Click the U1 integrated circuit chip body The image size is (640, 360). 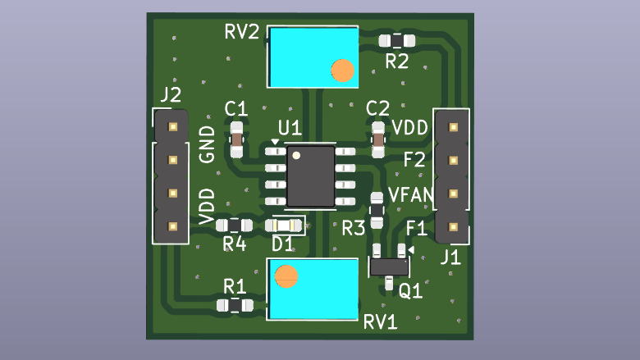click(310, 176)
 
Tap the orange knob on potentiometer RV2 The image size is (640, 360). click(342, 71)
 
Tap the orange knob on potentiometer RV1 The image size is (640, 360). click(286, 276)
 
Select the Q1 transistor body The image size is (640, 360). click(388, 266)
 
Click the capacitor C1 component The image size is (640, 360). click(237, 139)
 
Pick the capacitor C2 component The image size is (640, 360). click(378, 139)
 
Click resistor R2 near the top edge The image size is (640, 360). click(397, 40)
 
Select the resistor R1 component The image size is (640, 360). click(234, 305)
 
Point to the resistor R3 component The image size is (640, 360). click(377, 209)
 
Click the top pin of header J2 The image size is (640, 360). click(172, 127)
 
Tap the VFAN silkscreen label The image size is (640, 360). click(409, 195)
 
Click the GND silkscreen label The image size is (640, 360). click(208, 144)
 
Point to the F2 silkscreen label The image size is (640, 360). click(414, 159)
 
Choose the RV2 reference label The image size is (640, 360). click(242, 33)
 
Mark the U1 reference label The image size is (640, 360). click(290, 129)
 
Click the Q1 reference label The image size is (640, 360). click(410, 290)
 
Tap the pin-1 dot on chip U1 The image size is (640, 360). click(296, 155)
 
